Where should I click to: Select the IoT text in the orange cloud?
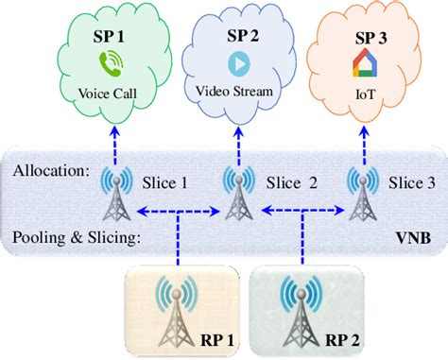click(x=368, y=94)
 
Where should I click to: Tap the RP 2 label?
click(x=328, y=342)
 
